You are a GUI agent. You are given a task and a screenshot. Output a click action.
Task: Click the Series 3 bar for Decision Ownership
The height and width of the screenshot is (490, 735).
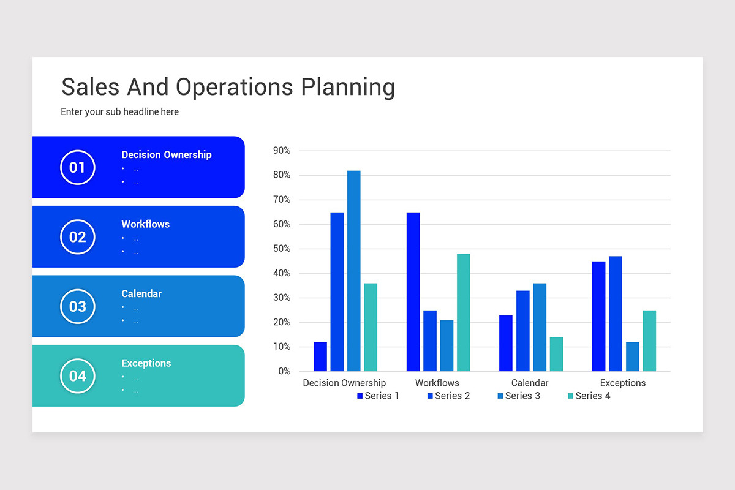click(354, 271)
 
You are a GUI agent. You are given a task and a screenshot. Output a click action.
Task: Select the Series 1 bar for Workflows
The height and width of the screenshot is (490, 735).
click(413, 292)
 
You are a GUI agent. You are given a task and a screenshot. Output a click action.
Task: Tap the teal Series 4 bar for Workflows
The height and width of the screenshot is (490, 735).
click(463, 312)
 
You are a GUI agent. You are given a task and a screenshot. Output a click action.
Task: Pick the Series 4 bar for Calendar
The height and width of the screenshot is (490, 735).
click(557, 354)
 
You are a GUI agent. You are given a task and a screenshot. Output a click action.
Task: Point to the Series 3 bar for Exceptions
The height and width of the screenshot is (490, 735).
click(633, 356)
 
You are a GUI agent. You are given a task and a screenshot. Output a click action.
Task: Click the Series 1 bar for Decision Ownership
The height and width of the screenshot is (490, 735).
click(320, 356)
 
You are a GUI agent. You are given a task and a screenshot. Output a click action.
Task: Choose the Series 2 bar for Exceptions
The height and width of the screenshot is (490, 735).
click(616, 314)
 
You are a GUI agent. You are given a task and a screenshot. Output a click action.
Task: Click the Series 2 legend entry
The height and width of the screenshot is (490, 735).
click(448, 396)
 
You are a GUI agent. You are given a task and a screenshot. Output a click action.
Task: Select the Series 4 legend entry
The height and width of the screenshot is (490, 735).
click(589, 396)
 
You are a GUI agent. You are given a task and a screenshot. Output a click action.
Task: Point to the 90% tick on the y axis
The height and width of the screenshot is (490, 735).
click(282, 151)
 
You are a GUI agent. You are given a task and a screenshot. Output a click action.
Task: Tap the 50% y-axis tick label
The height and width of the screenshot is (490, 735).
click(282, 249)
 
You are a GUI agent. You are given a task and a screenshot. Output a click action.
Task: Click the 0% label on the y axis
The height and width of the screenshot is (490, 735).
click(284, 371)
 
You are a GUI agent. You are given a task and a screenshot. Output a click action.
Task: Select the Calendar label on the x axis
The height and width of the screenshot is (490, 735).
click(530, 383)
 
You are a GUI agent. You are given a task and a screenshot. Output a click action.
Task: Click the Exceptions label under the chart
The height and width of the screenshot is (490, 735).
click(623, 383)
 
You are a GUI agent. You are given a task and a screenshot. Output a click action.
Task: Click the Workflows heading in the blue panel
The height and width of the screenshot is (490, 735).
click(145, 224)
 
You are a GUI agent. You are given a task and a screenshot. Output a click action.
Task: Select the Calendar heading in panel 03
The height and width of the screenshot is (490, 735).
click(141, 293)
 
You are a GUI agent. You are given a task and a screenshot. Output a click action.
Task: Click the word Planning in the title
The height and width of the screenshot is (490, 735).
click(348, 88)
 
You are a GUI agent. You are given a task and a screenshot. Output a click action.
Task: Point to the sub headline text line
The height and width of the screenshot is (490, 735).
click(120, 111)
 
